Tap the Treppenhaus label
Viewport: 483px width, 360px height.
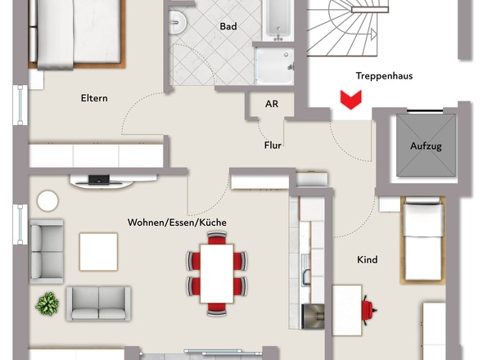(x=384, y=76)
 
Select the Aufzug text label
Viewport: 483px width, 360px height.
(x=426, y=146)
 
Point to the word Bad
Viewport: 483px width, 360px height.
(x=228, y=27)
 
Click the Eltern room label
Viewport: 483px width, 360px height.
(x=94, y=98)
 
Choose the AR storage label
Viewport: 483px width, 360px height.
(x=272, y=105)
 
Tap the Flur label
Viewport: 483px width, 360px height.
(x=273, y=146)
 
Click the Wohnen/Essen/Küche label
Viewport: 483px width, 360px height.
(x=177, y=223)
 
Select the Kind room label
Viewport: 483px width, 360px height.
(x=368, y=259)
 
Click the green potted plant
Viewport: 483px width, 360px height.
(x=47, y=304)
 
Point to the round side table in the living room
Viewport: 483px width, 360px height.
(x=48, y=200)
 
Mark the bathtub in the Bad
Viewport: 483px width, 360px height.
(x=278, y=20)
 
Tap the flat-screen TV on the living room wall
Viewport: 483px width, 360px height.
(x=98, y=179)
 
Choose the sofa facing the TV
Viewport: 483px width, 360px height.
(x=98, y=303)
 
